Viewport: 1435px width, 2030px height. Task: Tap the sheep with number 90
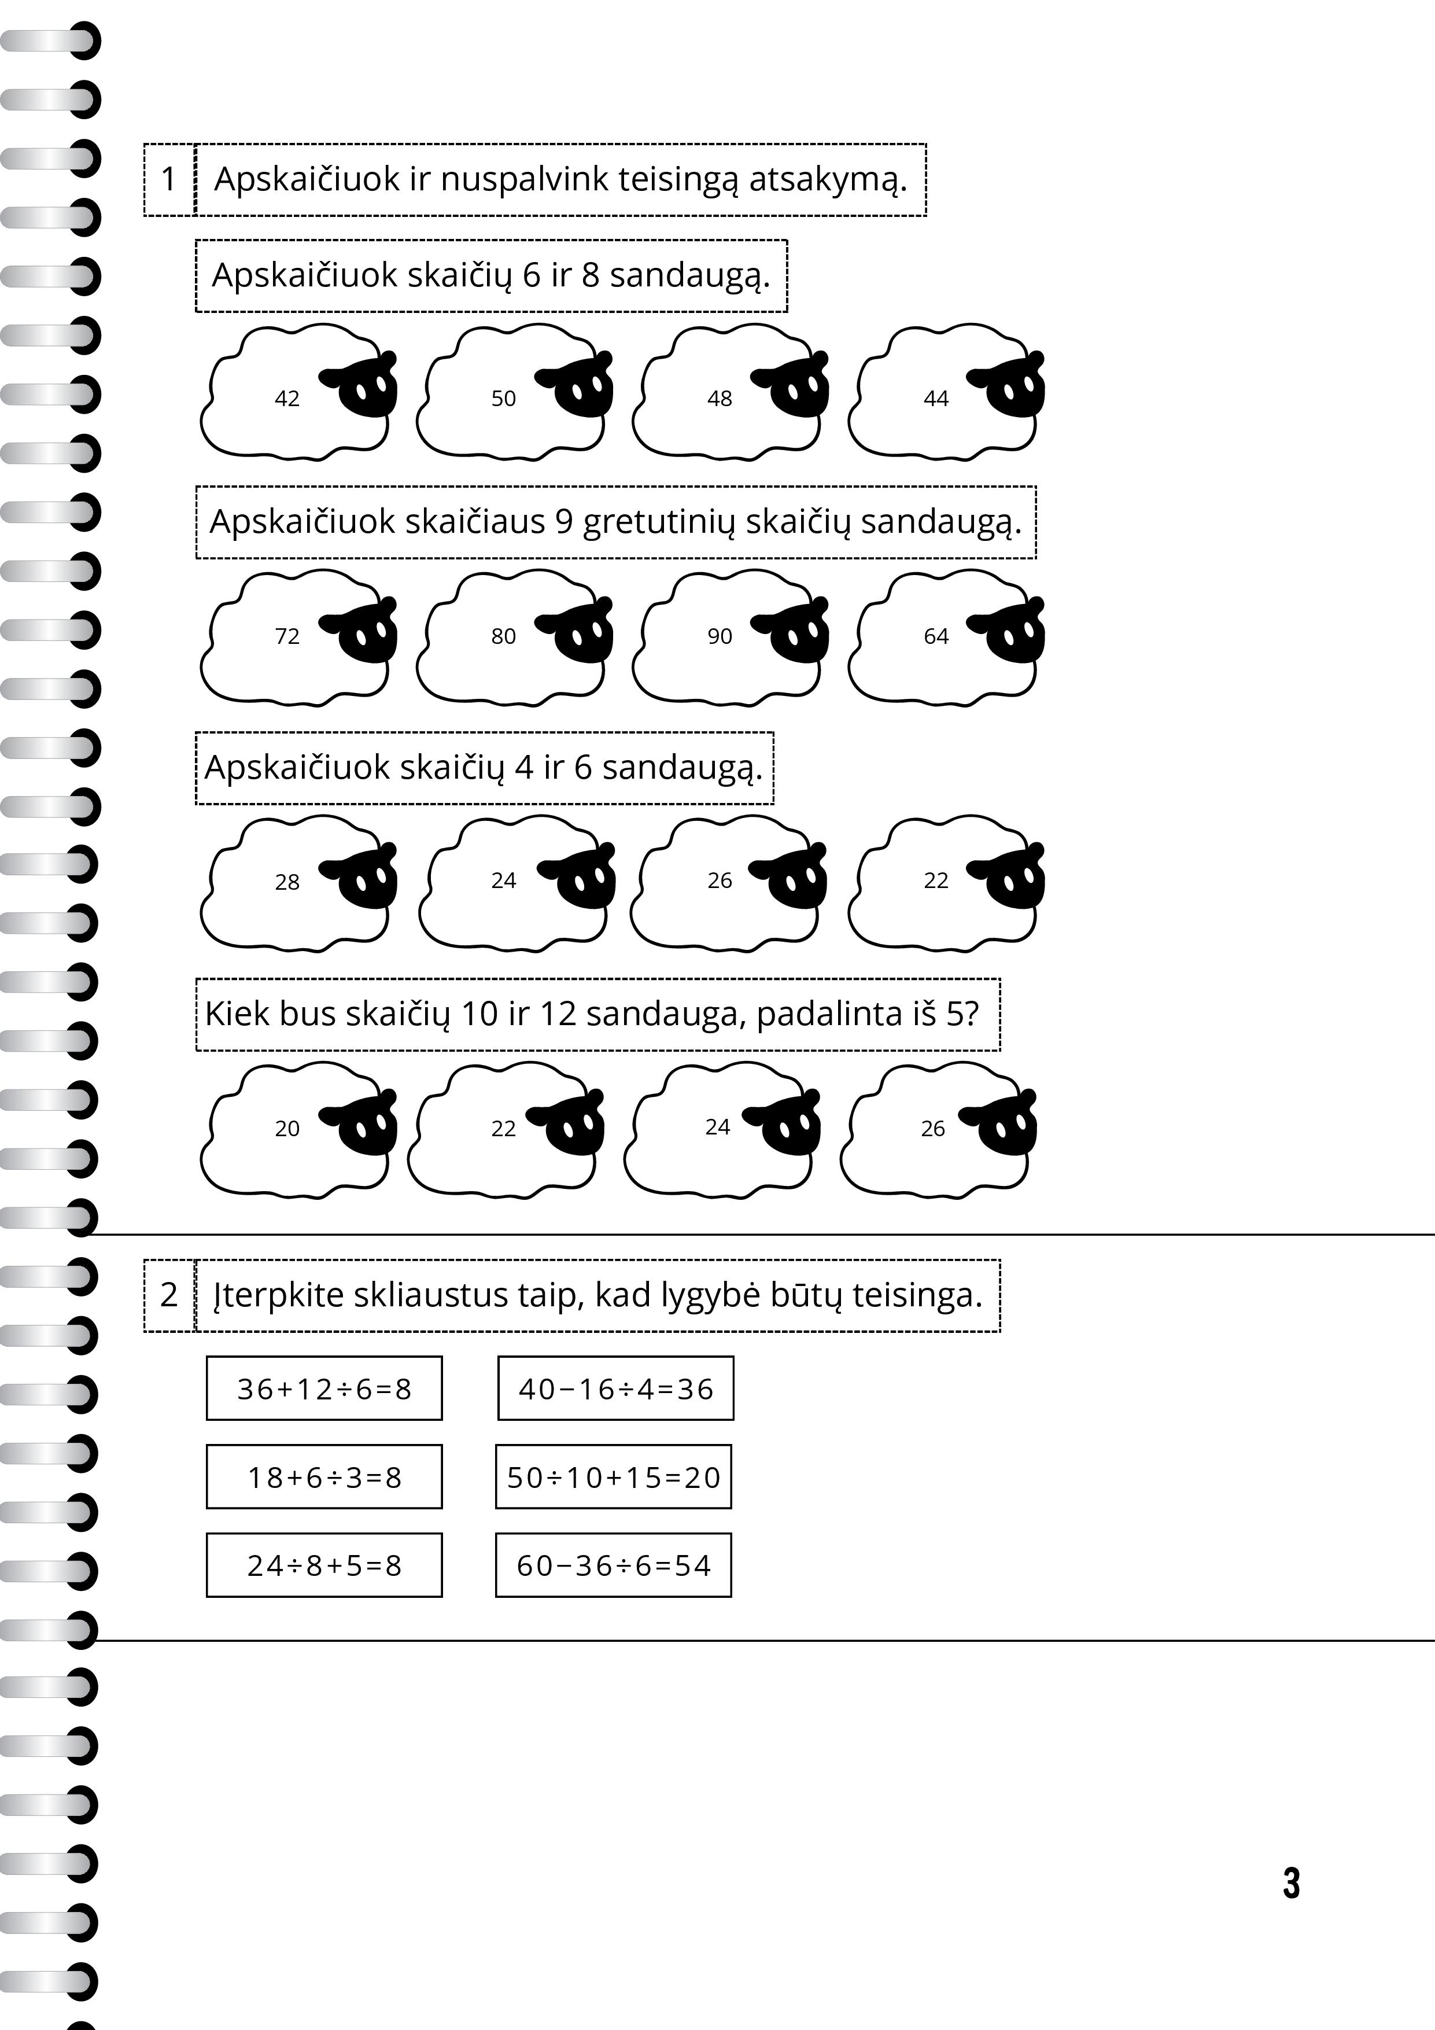[x=725, y=636]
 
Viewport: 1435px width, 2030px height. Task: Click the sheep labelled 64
[x=942, y=636]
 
